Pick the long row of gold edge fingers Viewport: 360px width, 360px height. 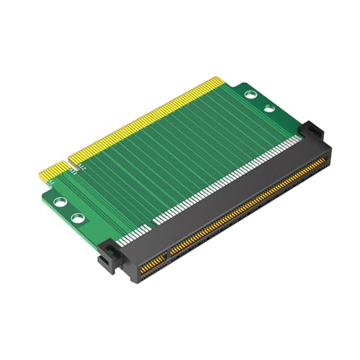click(x=144, y=119)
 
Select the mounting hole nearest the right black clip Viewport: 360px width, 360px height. click(x=268, y=109)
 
